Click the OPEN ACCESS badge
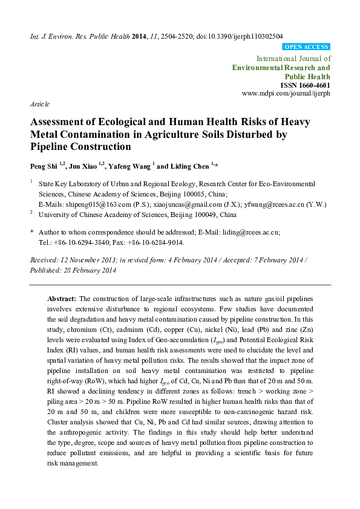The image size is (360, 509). click(307, 47)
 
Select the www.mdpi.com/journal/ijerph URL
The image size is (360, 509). click(286, 94)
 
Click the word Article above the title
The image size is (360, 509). click(39, 104)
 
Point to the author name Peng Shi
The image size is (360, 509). click(43, 166)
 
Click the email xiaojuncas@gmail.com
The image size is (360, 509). click(172, 204)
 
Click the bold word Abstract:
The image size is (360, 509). click(61, 299)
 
